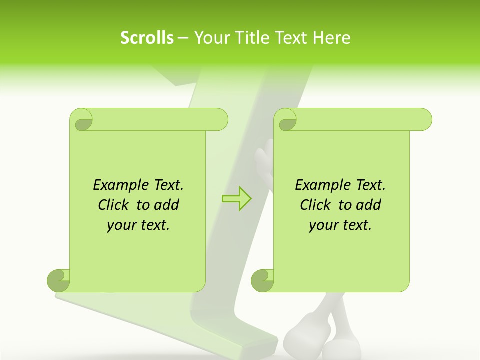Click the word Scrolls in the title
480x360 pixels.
tap(147, 38)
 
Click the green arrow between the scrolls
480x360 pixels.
tap(237, 198)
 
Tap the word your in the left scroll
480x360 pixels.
tap(121, 225)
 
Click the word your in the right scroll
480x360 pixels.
tap(323, 225)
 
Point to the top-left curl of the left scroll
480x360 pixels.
tap(82, 120)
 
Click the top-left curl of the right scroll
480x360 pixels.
tap(286, 120)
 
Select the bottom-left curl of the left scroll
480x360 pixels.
tap(58, 280)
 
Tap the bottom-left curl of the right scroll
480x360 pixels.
tap(262, 280)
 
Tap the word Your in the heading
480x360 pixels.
tap(210, 38)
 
